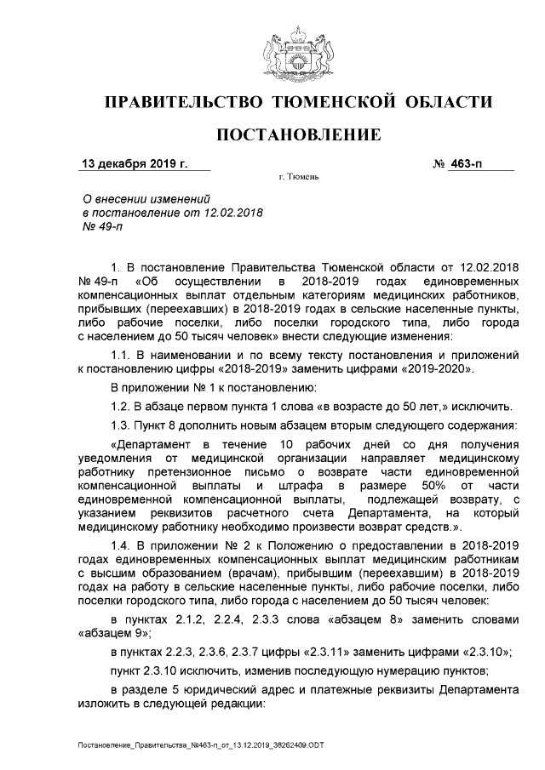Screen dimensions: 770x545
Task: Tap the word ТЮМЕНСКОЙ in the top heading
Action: click(336, 103)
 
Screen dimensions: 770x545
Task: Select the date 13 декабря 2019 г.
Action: click(133, 163)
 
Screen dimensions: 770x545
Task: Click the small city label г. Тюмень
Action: click(297, 178)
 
